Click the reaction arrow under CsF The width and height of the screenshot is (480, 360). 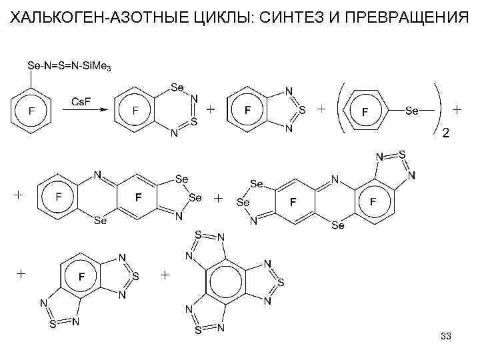83,111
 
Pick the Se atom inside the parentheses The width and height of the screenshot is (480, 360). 412,111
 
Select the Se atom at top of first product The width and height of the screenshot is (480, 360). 177,87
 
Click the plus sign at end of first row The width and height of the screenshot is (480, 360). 457,108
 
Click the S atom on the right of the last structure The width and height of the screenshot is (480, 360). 281,283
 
